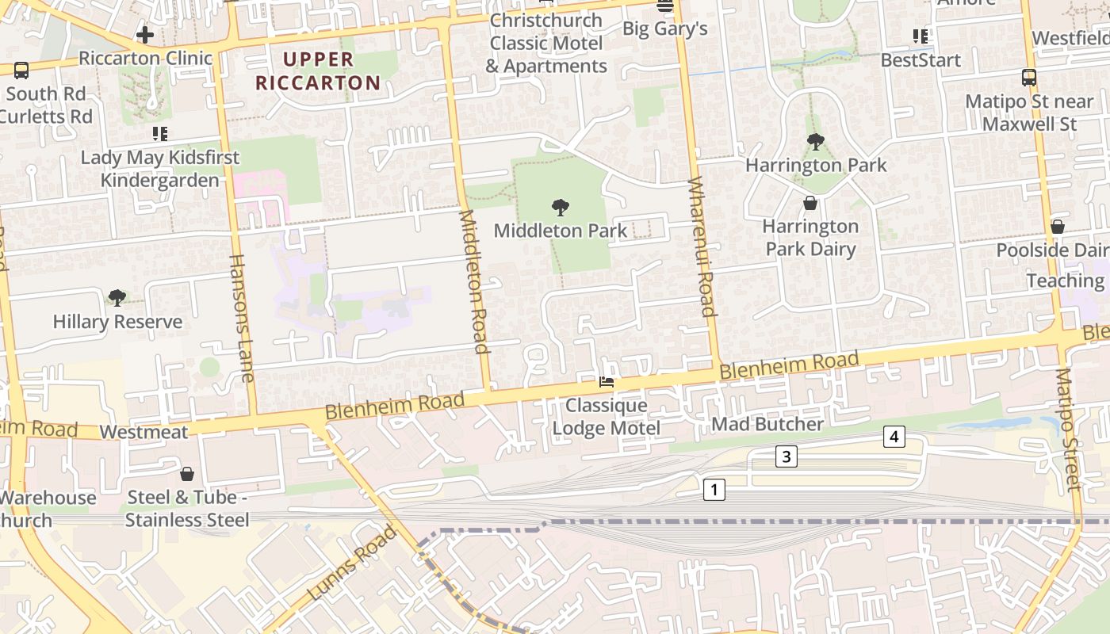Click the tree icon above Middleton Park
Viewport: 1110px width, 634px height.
coord(561,208)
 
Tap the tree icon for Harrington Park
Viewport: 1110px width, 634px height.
coord(815,143)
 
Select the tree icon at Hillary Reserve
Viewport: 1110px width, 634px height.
coord(117,299)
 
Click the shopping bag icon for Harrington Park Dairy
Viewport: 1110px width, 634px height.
coord(810,204)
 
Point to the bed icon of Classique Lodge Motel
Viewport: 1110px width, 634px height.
coord(607,383)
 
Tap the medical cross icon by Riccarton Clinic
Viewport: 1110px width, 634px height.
coord(145,35)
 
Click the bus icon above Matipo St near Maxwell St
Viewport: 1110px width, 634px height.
coord(1029,78)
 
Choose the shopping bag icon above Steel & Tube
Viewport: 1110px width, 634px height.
coord(187,475)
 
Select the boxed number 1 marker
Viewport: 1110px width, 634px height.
coord(714,490)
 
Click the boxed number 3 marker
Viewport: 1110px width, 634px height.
coord(786,456)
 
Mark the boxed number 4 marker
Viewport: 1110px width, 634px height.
coord(894,437)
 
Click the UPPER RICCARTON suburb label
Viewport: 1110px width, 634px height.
coord(331,71)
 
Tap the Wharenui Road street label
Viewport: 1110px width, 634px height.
coord(702,246)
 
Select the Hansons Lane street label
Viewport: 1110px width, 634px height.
coord(241,318)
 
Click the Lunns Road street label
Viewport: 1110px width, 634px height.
coord(351,562)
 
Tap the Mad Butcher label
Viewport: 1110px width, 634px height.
coord(767,424)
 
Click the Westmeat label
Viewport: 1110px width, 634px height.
coord(144,432)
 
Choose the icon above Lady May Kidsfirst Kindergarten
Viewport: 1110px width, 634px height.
coord(160,133)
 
